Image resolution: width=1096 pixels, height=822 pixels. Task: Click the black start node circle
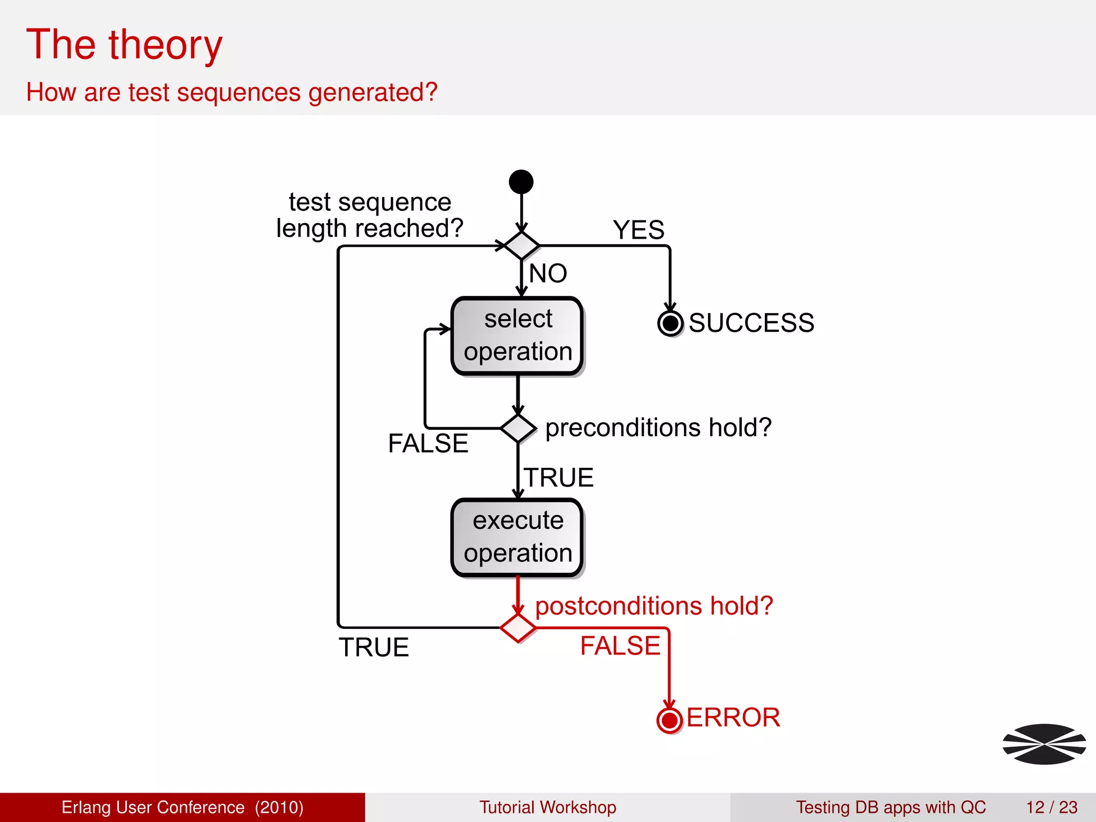coord(521,182)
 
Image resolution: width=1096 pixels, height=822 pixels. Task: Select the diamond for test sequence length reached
coord(521,246)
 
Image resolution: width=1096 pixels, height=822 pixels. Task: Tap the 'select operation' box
coord(517,336)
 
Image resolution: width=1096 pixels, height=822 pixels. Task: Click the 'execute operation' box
coord(517,537)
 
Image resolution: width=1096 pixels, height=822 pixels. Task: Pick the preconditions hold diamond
coord(517,428)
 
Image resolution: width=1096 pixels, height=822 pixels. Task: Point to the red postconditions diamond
coord(517,628)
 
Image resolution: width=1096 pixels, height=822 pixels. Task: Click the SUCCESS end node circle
coord(670,323)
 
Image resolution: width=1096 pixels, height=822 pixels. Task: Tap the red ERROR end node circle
coord(669,720)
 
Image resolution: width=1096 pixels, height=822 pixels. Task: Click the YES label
coord(638,230)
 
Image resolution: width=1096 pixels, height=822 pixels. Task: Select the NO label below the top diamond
coord(548,273)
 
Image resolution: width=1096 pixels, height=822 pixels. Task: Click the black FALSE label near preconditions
coord(428,443)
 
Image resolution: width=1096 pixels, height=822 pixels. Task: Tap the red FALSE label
coord(620,645)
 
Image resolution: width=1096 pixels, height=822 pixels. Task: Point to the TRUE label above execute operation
coord(559,477)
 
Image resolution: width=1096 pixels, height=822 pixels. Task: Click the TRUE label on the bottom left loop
coord(374,648)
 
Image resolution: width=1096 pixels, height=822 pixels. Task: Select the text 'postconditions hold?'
coord(654,606)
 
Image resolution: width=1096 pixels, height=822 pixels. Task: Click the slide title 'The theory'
coord(124,45)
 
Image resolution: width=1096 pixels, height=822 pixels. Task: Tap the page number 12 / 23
coord(1051,807)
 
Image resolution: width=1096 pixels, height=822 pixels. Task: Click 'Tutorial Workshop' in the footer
coord(547,807)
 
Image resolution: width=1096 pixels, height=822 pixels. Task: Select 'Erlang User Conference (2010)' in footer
coord(182,807)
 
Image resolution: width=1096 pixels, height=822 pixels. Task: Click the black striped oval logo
coord(1044,744)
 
